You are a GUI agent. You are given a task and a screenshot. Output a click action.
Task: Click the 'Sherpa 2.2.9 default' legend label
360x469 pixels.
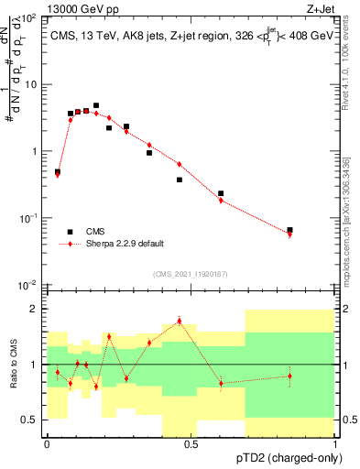tap(125, 244)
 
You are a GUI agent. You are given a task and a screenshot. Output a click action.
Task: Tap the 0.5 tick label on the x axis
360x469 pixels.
tap(191, 444)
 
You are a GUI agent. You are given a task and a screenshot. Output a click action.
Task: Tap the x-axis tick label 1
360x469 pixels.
tap(335, 444)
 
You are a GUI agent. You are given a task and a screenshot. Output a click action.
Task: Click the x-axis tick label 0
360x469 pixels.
tap(47, 444)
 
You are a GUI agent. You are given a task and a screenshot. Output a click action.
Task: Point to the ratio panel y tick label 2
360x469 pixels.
tap(34, 309)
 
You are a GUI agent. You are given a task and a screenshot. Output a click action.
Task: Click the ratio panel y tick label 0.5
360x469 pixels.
tap(29, 420)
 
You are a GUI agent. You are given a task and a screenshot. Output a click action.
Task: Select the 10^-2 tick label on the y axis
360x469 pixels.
tap(27, 285)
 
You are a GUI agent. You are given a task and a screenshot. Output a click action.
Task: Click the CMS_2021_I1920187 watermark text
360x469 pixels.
tap(191, 274)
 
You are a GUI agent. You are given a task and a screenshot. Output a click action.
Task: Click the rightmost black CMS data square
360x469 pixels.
tap(289, 230)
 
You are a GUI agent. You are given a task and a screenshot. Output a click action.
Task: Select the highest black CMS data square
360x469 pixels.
tap(96, 105)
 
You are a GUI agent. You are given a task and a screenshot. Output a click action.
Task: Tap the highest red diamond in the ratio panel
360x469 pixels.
tap(179, 321)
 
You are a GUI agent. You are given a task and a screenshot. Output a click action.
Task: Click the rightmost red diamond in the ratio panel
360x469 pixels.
tap(289, 376)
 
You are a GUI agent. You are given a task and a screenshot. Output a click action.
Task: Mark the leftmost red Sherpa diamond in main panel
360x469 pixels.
tap(58, 174)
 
